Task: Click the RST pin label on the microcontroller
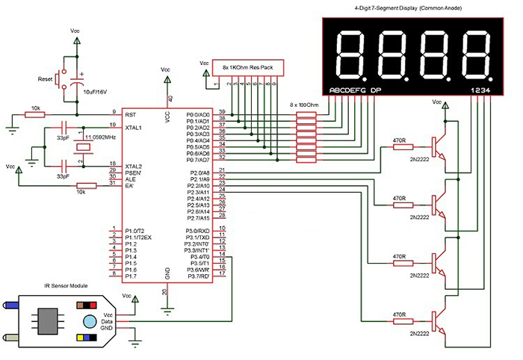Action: click(x=131, y=114)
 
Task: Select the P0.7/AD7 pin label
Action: click(x=198, y=159)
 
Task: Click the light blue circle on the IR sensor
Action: click(x=90, y=322)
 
